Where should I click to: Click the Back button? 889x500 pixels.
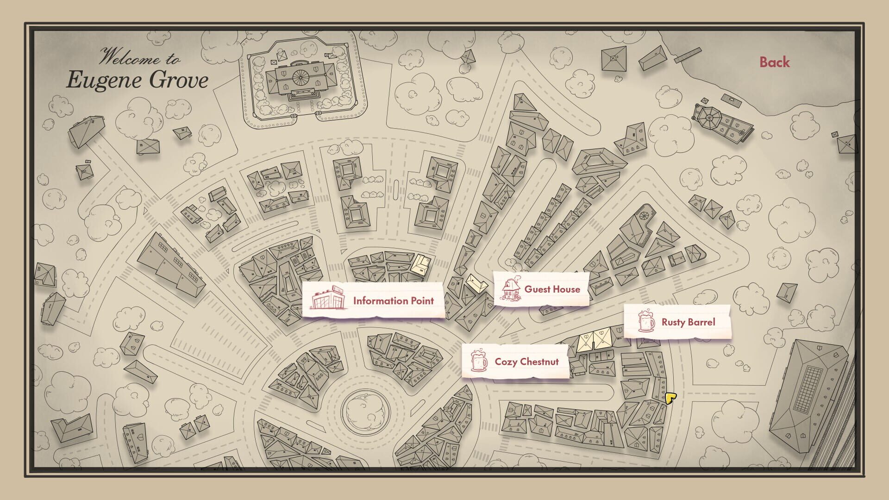[774, 62]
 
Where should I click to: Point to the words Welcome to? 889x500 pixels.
[139, 57]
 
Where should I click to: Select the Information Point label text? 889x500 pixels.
[393, 301]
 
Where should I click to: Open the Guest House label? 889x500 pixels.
[552, 289]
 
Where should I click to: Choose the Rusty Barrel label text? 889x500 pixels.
[688, 322]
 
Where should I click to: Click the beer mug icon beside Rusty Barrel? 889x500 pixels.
[646, 321]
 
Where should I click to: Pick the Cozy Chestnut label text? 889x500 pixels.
[526, 362]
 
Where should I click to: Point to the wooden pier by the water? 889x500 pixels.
[688, 55]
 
